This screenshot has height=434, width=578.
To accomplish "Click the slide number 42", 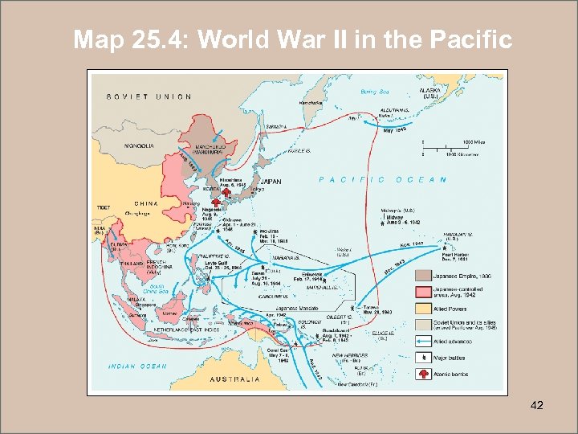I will [x=537, y=405].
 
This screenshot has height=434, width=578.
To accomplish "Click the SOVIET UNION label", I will [x=149, y=96].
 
